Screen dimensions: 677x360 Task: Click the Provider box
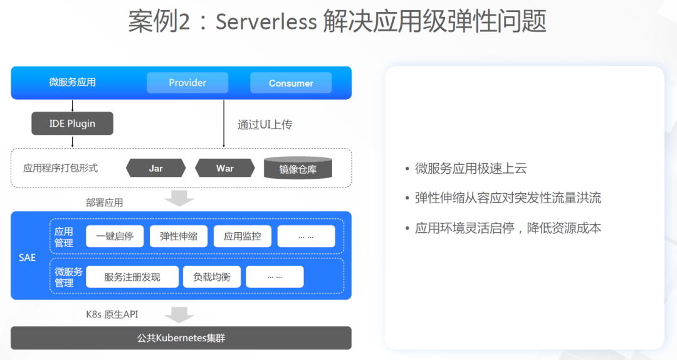187,83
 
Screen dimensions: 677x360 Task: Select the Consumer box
291,83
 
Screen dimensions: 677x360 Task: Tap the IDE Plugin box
72,124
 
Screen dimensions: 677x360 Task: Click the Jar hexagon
156,168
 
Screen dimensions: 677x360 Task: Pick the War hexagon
225,168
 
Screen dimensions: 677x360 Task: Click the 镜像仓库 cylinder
298,168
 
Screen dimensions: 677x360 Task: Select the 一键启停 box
115,236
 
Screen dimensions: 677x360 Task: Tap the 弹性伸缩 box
179,236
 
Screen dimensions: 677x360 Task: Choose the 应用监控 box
243,236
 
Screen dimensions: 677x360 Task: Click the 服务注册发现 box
132,277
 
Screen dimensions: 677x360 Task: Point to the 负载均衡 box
212,277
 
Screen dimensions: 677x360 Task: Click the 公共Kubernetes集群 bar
181,338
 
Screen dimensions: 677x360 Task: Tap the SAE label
27,258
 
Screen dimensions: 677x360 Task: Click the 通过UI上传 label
265,125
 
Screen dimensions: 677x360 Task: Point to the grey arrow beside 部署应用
179,198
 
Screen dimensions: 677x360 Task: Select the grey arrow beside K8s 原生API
179,315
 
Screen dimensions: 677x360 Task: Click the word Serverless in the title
266,21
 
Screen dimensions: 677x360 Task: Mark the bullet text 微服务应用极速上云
471,169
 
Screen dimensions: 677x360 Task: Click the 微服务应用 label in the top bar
73,82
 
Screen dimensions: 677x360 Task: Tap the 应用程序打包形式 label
60,168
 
